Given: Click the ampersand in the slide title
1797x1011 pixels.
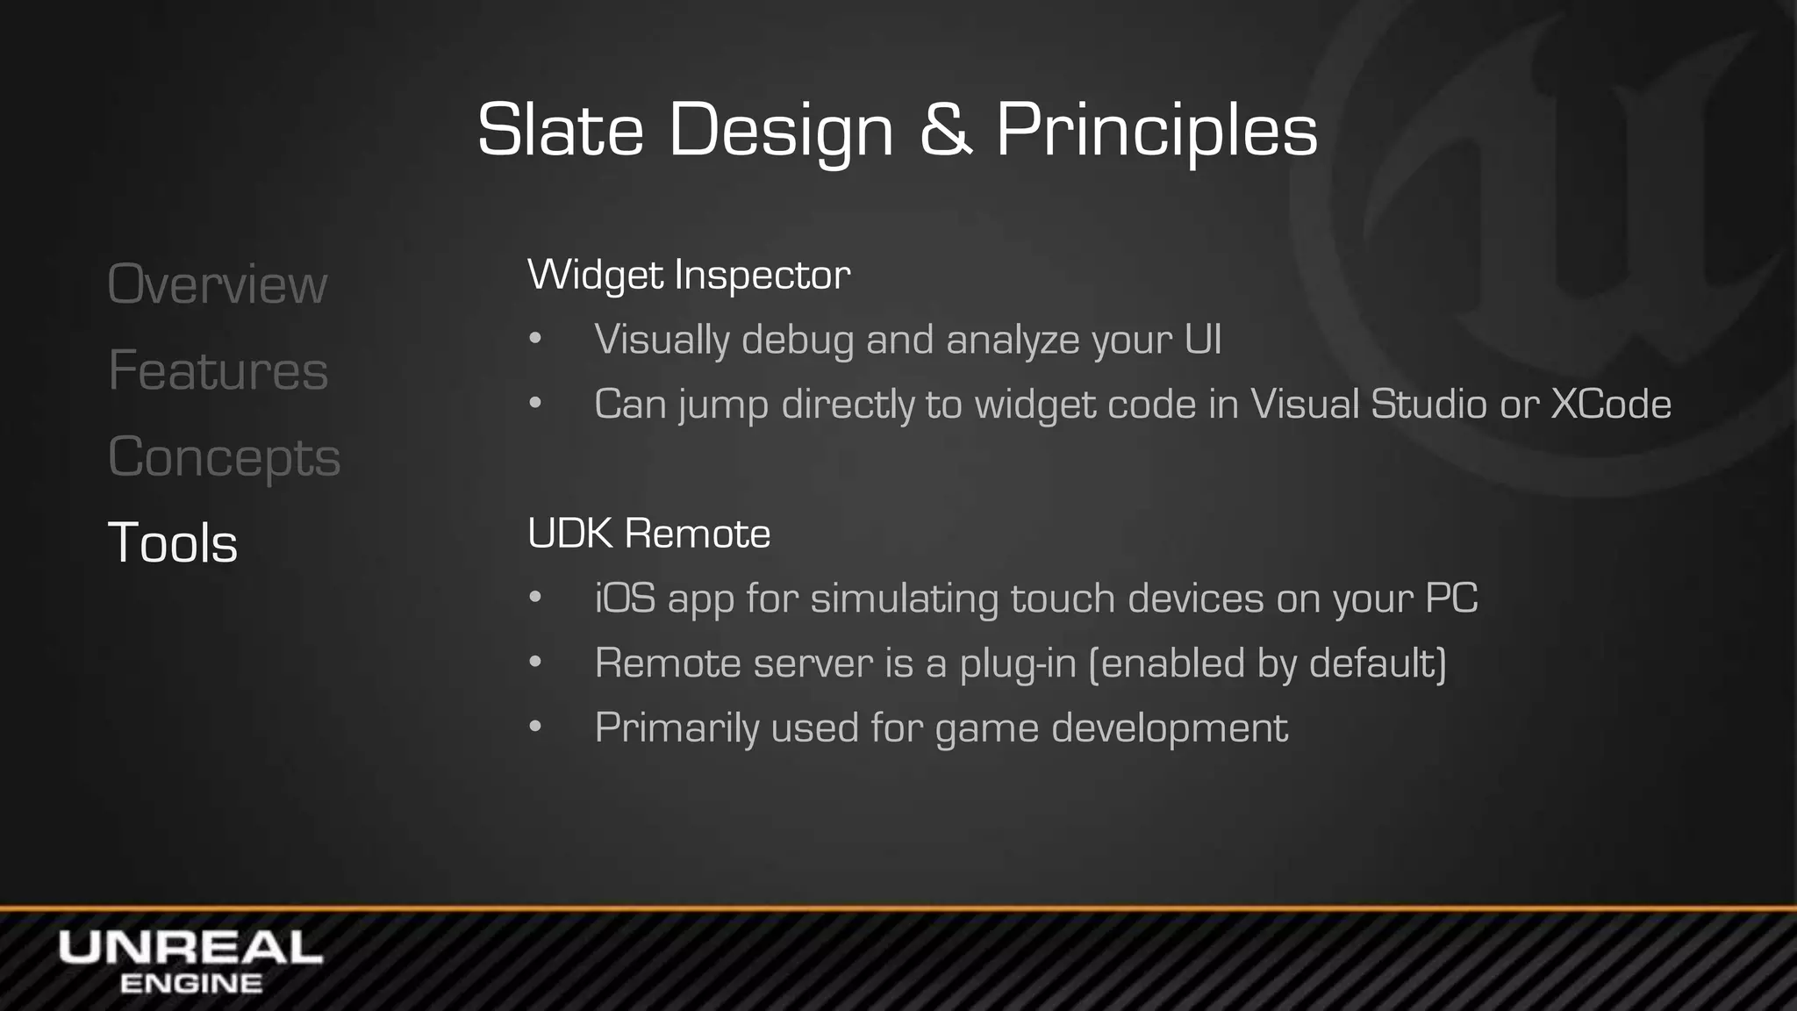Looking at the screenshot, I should point(945,130).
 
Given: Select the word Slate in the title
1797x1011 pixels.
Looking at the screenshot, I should point(560,130).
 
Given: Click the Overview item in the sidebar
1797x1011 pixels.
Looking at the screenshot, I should point(217,284).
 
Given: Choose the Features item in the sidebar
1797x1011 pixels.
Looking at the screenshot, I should point(218,370).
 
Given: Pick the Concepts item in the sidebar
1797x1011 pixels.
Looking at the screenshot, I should point(224,457).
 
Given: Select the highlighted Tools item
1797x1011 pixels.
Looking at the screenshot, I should point(172,542).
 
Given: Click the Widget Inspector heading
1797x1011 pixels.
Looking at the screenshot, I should point(689,275).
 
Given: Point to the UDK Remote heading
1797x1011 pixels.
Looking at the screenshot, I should point(648,533).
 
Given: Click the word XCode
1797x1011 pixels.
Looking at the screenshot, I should point(1611,404).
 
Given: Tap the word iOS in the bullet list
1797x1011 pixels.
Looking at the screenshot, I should point(625,599).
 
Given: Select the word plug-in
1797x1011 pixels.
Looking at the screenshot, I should point(1018,663).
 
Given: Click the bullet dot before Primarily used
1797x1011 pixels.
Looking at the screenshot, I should point(535,728).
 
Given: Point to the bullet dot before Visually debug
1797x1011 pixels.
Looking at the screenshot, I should point(535,340).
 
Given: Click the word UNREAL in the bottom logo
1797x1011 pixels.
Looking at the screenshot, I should point(190,949).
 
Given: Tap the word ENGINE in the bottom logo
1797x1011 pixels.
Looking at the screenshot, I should point(190,984).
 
